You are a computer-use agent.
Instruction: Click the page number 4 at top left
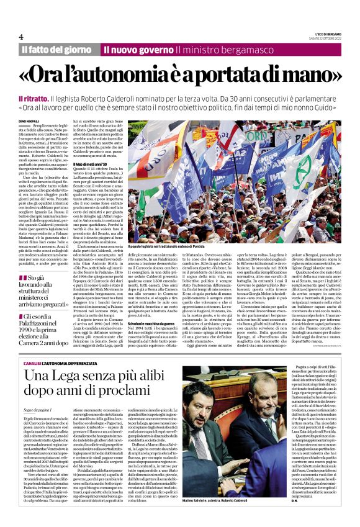(x=20, y=36)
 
